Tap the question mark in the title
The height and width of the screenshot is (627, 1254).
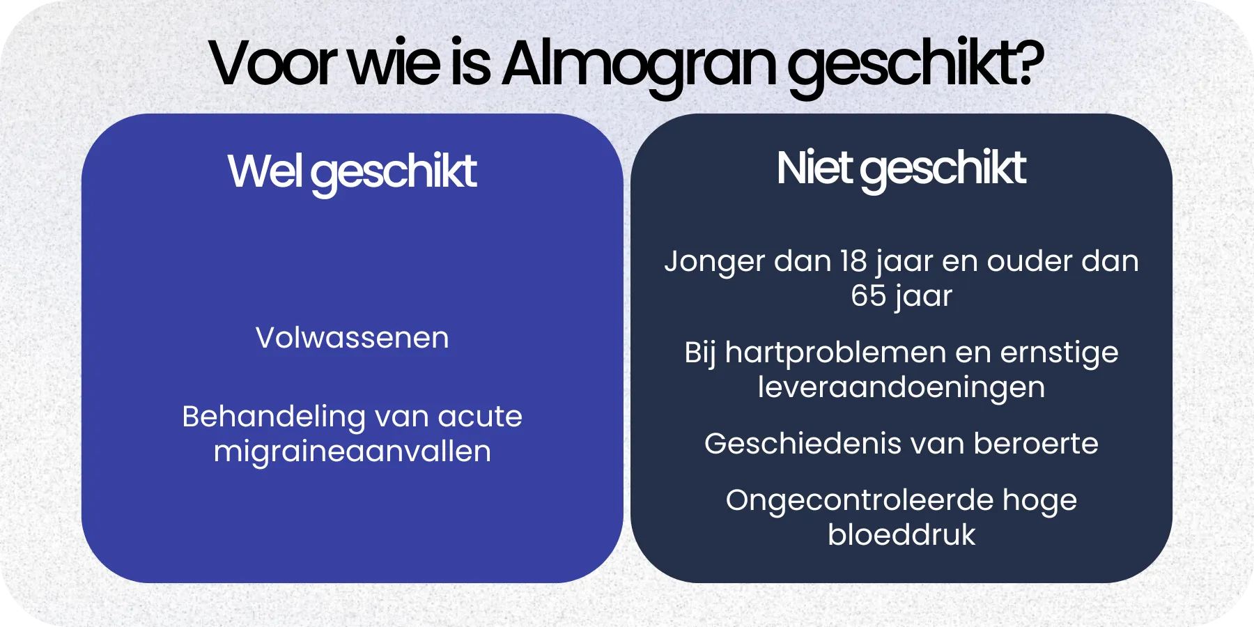(x=1028, y=63)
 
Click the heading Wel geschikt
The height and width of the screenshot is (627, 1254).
(x=352, y=171)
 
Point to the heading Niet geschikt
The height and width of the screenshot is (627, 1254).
(x=901, y=169)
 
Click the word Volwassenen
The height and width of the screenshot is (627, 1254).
(x=352, y=338)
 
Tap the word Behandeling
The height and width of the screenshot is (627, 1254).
(x=274, y=417)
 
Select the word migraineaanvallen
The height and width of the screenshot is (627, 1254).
(x=352, y=451)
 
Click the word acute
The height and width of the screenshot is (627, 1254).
(x=480, y=417)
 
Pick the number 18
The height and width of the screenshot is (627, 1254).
(x=853, y=261)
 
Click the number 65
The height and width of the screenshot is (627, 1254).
(x=867, y=295)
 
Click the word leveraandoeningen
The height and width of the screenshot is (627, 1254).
(x=901, y=388)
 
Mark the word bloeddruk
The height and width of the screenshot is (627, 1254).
(x=901, y=535)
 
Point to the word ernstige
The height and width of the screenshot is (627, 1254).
(x=1059, y=353)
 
